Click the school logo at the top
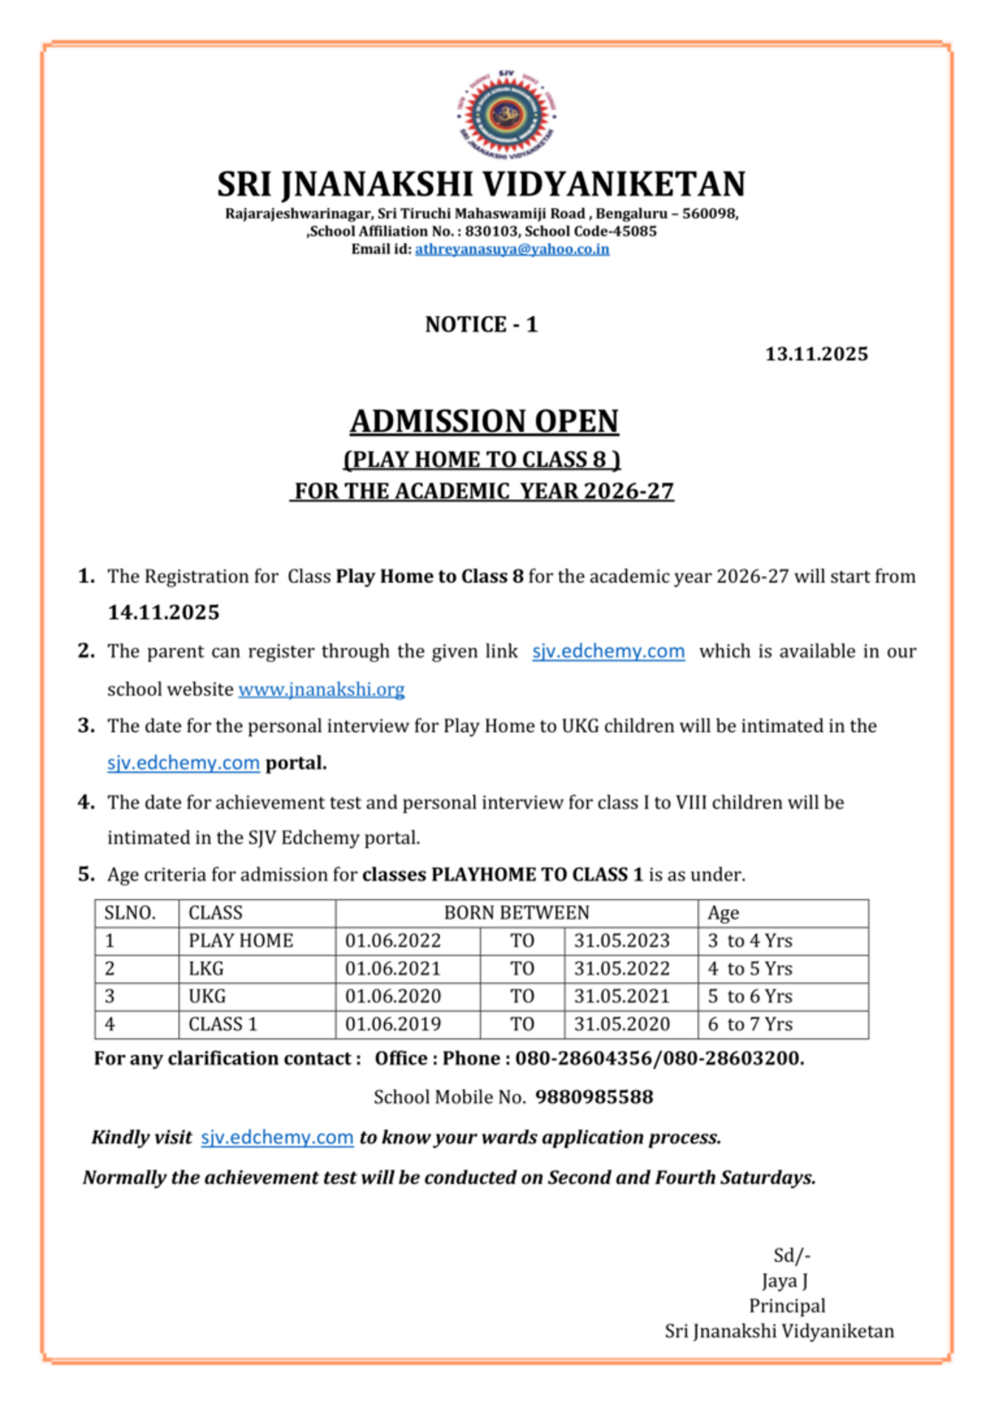(507, 115)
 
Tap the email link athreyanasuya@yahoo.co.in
(512, 249)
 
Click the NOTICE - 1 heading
(481, 324)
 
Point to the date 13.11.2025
(816, 353)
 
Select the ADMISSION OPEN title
(484, 421)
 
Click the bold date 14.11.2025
(163, 613)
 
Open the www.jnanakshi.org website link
(322, 689)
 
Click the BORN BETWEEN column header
(517, 913)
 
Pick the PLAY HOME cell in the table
(240, 941)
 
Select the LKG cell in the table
(206, 969)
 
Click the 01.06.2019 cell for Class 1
(393, 1024)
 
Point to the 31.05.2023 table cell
(622, 941)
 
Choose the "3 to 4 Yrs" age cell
(750, 941)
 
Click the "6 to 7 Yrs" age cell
(750, 1024)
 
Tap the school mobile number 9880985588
(594, 1097)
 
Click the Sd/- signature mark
(792, 1255)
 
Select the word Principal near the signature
(786, 1306)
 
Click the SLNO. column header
(130, 913)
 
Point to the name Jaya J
(785, 1281)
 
